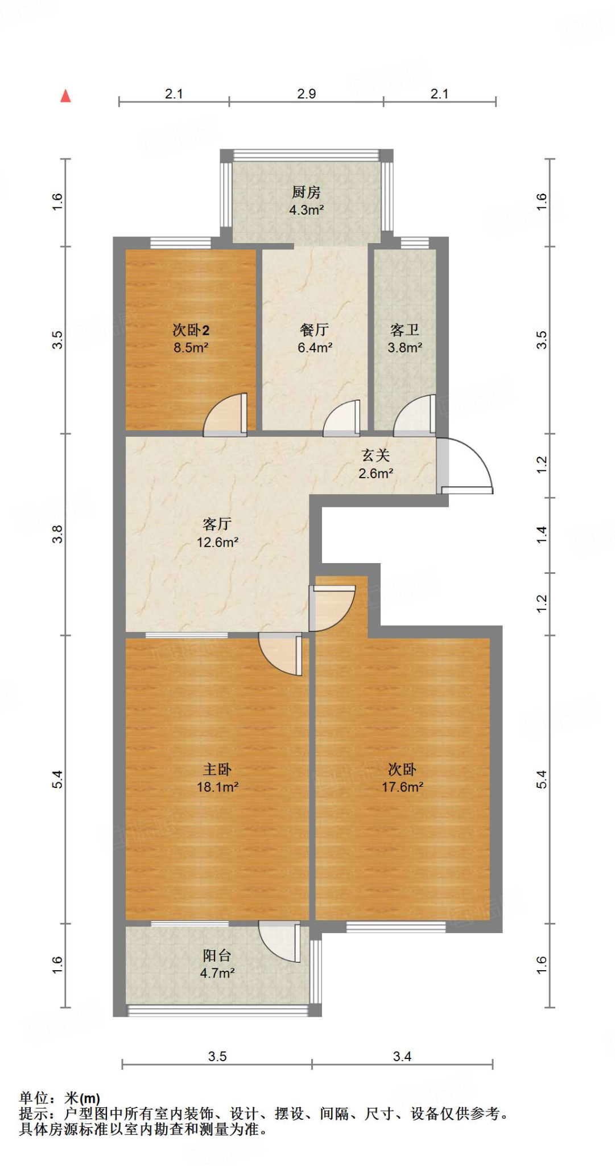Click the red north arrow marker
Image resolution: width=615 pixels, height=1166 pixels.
[65, 96]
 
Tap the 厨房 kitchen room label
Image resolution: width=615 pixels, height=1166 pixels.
[306, 192]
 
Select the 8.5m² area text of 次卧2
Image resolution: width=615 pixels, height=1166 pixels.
[191, 348]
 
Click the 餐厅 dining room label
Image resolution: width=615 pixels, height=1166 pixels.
[314, 330]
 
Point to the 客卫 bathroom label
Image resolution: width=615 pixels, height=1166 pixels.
[405, 330]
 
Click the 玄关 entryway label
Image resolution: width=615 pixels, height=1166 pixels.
[375, 455]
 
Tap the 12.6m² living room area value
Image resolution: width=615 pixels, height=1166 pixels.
[217, 543]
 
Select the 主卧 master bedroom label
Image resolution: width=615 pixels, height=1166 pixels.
[217, 769]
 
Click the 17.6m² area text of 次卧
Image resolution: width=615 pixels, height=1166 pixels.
[402, 787]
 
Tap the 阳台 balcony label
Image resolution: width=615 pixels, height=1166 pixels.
[217, 955]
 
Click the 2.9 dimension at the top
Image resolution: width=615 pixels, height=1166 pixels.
[306, 94]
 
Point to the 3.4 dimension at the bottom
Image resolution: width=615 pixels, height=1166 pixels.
[402, 1057]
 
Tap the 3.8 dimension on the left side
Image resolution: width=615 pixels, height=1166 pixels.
[57, 534]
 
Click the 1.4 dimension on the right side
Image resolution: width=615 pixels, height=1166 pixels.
[542, 535]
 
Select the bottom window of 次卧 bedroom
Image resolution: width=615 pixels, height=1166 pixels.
[396, 927]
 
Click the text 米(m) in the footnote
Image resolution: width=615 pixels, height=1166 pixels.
[82, 1098]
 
